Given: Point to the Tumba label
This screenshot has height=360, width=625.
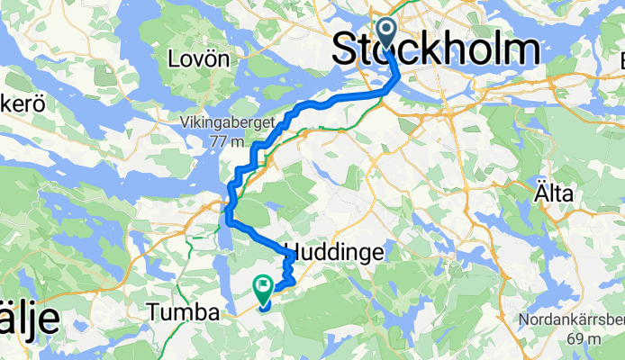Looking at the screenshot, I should pyautogui.click(x=183, y=312).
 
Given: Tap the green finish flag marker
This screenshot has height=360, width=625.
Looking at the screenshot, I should pyautogui.click(x=264, y=289).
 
